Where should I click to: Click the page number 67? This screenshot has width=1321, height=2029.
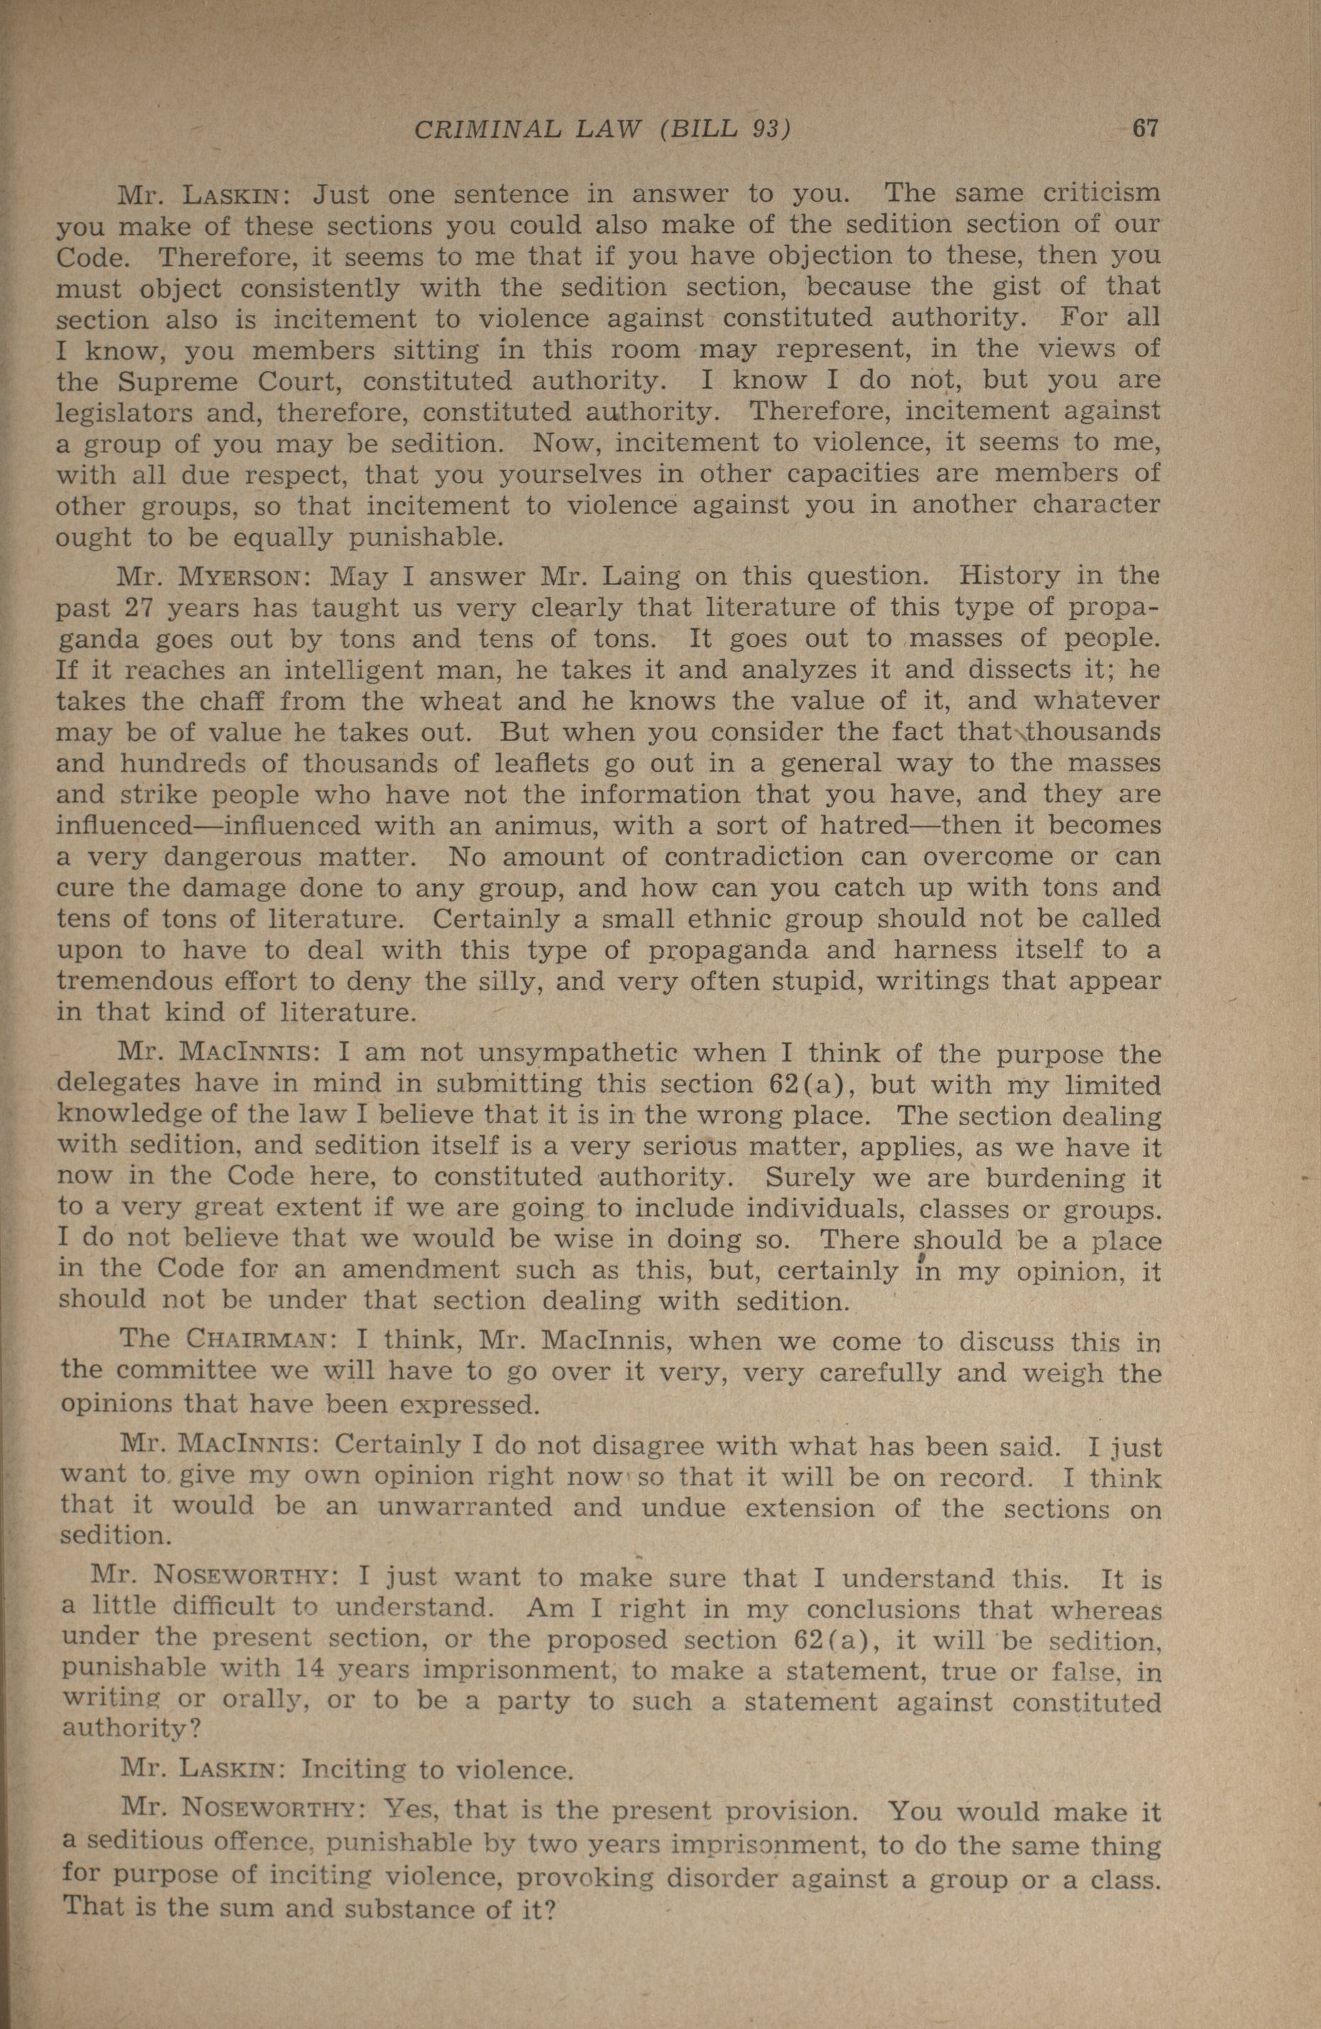point(1144,130)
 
